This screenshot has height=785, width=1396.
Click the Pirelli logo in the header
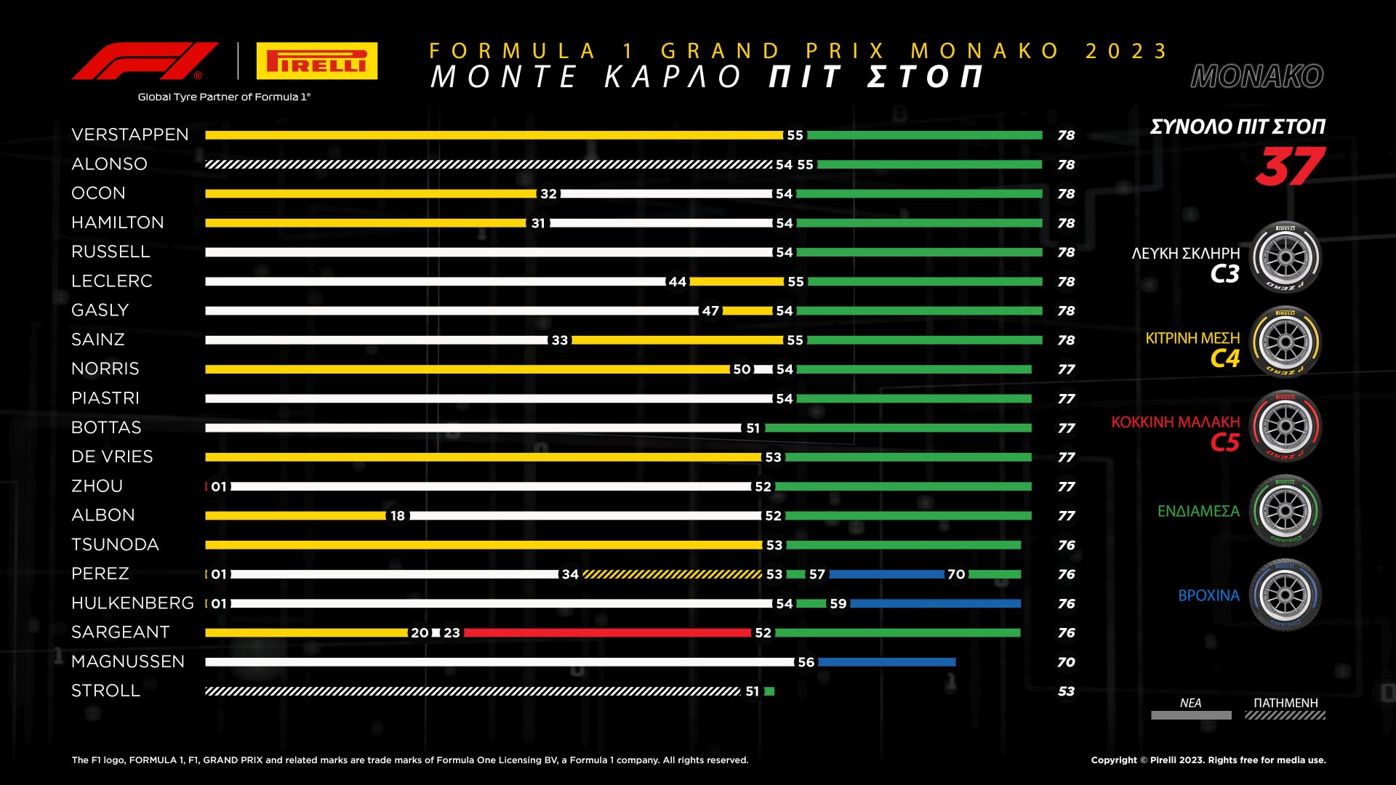click(317, 61)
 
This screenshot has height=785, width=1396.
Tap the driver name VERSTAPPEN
click(130, 134)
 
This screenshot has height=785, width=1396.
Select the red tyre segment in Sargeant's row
click(607, 633)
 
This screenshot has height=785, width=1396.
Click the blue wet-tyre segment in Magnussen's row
click(886, 662)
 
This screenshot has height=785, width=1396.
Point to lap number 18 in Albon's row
click(398, 516)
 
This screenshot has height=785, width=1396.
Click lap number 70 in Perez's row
click(956, 574)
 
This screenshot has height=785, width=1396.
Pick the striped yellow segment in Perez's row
click(672, 574)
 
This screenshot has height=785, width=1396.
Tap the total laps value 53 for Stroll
click(1066, 691)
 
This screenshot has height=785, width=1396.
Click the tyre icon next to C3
click(1285, 257)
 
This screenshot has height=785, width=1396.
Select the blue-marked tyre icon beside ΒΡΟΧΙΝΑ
click(1285, 595)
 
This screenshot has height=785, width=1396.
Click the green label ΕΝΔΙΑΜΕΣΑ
click(1198, 511)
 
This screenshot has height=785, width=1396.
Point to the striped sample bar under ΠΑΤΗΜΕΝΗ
click(1285, 715)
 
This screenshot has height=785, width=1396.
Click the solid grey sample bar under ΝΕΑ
click(1191, 715)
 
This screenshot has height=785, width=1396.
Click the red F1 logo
click(145, 61)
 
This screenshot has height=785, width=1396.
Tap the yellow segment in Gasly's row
click(747, 311)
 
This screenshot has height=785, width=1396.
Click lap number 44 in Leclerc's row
click(678, 282)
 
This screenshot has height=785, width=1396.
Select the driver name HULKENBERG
click(132, 603)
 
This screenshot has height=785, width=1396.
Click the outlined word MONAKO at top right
click(1257, 76)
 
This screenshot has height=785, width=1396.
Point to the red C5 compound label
click(1224, 442)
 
